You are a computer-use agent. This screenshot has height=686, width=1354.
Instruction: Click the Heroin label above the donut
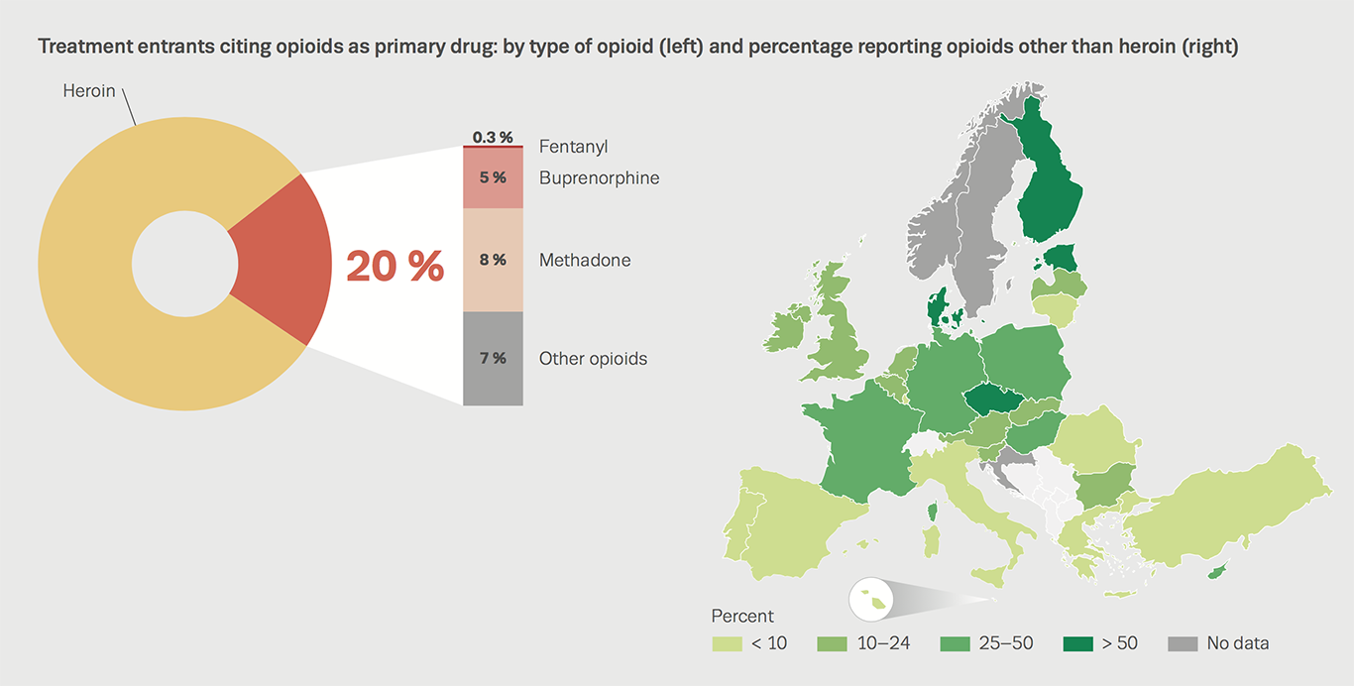tap(89, 91)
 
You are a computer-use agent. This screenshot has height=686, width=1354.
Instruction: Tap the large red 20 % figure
tap(395, 265)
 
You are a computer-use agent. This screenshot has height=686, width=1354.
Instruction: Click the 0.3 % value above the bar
tap(493, 137)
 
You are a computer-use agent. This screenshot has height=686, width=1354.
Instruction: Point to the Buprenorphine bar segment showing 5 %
tap(493, 178)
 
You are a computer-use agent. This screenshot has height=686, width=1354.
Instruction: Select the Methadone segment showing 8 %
tap(493, 260)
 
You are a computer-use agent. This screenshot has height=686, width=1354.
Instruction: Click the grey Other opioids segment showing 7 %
tap(493, 358)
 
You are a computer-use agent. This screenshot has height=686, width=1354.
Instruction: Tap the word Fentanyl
tap(573, 147)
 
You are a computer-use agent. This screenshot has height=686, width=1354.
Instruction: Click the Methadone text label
tap(585, 260)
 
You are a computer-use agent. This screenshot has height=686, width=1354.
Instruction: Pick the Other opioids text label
tap(593, 359)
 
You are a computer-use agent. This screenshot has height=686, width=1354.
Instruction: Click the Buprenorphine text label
tap(599, 178)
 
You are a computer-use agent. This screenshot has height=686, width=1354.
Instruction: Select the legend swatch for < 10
tap(727, 643)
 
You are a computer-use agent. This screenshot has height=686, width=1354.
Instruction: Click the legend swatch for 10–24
tap(831, 643)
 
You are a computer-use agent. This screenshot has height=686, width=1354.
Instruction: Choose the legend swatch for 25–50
tap(954, 643)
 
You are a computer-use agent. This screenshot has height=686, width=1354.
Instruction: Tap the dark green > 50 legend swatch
tap(1076, 643)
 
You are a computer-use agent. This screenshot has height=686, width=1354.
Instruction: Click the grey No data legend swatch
tap(1183, 643)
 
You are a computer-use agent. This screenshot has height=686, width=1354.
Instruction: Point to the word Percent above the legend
tap(742, 616)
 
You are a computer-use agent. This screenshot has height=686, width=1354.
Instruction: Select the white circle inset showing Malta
tap(872, 600)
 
